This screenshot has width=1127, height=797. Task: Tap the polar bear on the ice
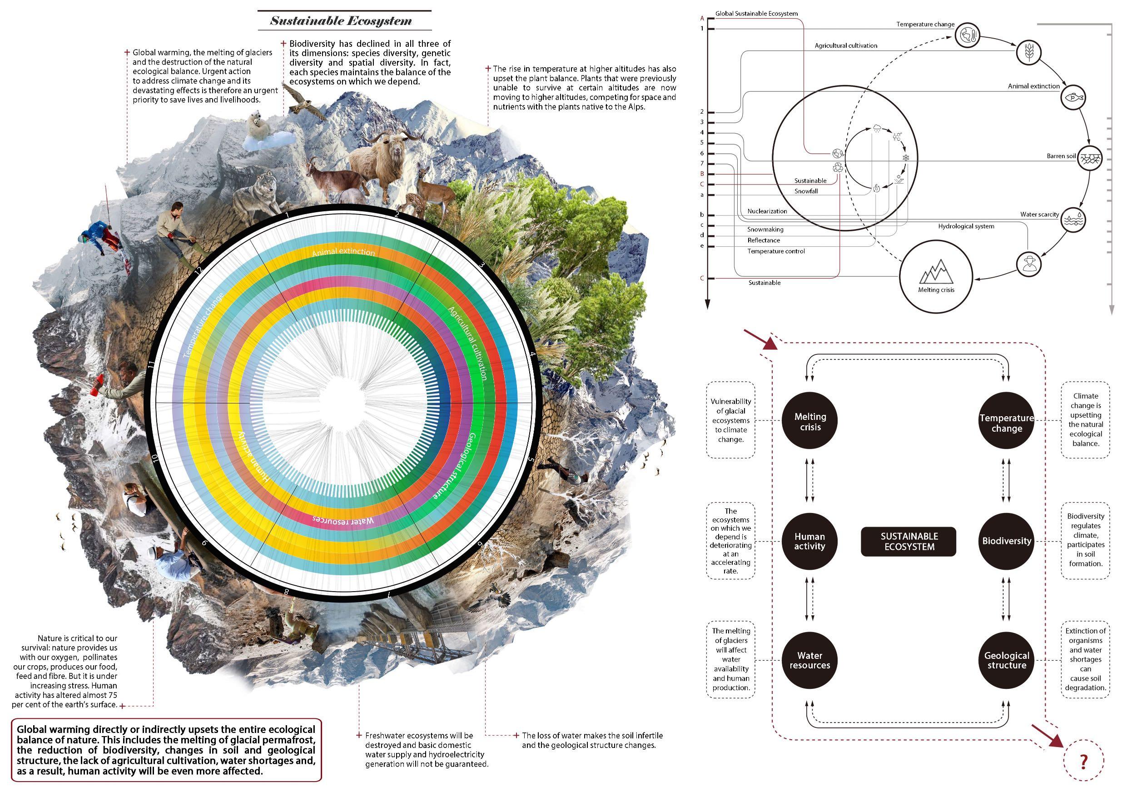260,127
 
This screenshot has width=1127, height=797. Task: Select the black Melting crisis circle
810,421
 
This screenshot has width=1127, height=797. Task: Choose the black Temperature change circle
1006,422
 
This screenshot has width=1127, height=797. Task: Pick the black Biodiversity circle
1006,541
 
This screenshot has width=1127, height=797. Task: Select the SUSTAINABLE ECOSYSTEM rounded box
909,541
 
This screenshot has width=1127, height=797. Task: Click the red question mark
1084,762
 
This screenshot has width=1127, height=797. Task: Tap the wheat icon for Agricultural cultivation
1028,52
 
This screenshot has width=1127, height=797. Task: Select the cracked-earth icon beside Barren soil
1089,158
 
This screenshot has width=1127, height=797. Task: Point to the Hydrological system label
966,226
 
